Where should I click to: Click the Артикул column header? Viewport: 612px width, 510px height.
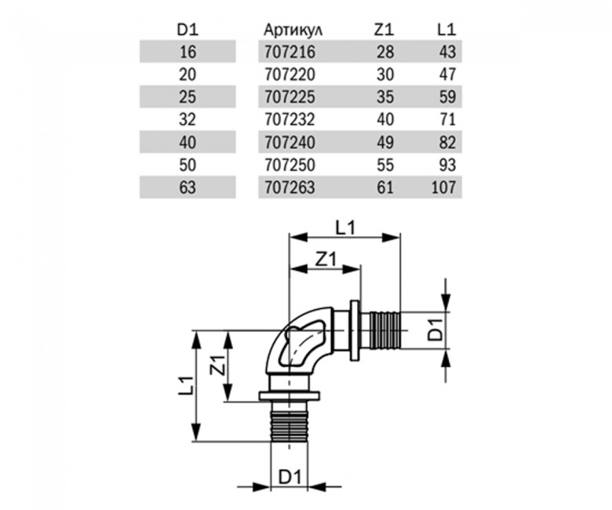pyautogui.click(x=293, y=30)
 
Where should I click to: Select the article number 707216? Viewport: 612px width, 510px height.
pyautogui.click(x=290, y=52)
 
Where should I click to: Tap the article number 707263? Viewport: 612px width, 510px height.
pyautogui.click(x=290, y=188)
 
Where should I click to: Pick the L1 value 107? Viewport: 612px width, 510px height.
pyautogui.click(x=444, y=188)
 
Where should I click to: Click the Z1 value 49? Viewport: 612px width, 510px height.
pyautogui.click(x=385, y=143)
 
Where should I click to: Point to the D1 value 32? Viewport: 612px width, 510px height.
pyautogui.click(x=188, y=120)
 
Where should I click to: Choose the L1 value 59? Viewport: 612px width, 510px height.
pyautogui.click(x=447, y=97)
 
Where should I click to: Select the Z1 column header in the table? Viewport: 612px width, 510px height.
pyautogui.click(x=384, y=30)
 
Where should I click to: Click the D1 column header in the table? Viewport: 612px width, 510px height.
pyautogui.click(x=188, y=30)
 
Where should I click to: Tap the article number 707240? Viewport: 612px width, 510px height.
pyautogui.click(x=290, y=143)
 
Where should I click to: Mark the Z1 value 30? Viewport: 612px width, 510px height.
pyautogui.click(x=385, y=75)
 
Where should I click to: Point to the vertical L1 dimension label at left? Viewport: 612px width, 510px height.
pyautogui.click(x=186, y=385)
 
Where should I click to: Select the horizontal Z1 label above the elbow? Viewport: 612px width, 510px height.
pyautogui.click(x=326, y=260)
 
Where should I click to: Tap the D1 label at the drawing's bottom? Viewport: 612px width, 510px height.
pyautogui.click(x=290, y=476)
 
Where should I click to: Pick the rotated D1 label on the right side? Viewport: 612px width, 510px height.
pyautogui.click(x=435, y=330)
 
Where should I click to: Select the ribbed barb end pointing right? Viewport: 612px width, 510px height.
pyautogui.click(x=384, y=330)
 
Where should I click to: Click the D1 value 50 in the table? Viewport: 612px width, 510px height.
pyautogui.click(x=188, y=165)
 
